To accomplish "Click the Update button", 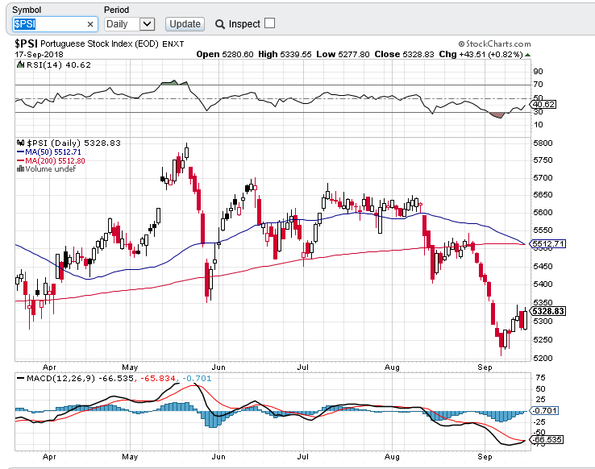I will click(x=185, y=24).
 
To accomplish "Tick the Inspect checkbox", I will click(x=269, y=23).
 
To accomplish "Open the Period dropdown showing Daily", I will click(x=129, y=24).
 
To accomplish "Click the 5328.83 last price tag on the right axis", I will click(x=547, y=311).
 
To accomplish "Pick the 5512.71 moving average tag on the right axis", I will click(x=547, y=244).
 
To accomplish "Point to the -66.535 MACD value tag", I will click(x=547, y=440).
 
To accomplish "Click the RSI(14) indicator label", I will click(x=42, y=65).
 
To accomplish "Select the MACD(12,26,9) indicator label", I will click(x=58, y=377).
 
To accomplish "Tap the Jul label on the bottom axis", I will click(x=303, y=456).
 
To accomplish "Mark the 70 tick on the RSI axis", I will click(x=537, y=84).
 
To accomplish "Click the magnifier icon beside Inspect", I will click(x=220, y=24).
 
